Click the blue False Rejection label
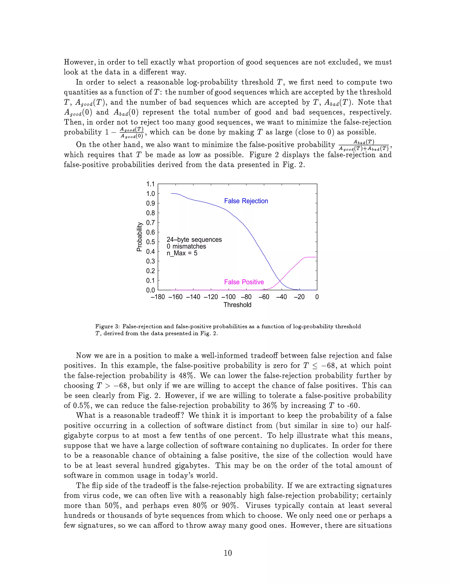[246, 201]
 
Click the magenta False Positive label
[244, 282]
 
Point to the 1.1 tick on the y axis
[150, 184]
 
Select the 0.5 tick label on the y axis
[150, 242]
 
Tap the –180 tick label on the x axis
[158, 297]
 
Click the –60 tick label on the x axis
[264, 297]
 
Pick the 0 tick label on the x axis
[317, 297]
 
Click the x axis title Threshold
[237, 305]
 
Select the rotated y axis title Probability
[139, 237]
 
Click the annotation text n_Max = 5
[182, 253]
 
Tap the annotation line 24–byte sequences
[194, 240]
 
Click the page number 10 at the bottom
[228, 553]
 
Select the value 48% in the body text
[186, 376]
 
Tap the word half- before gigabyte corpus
[384, 426]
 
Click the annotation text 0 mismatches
[186, 247]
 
